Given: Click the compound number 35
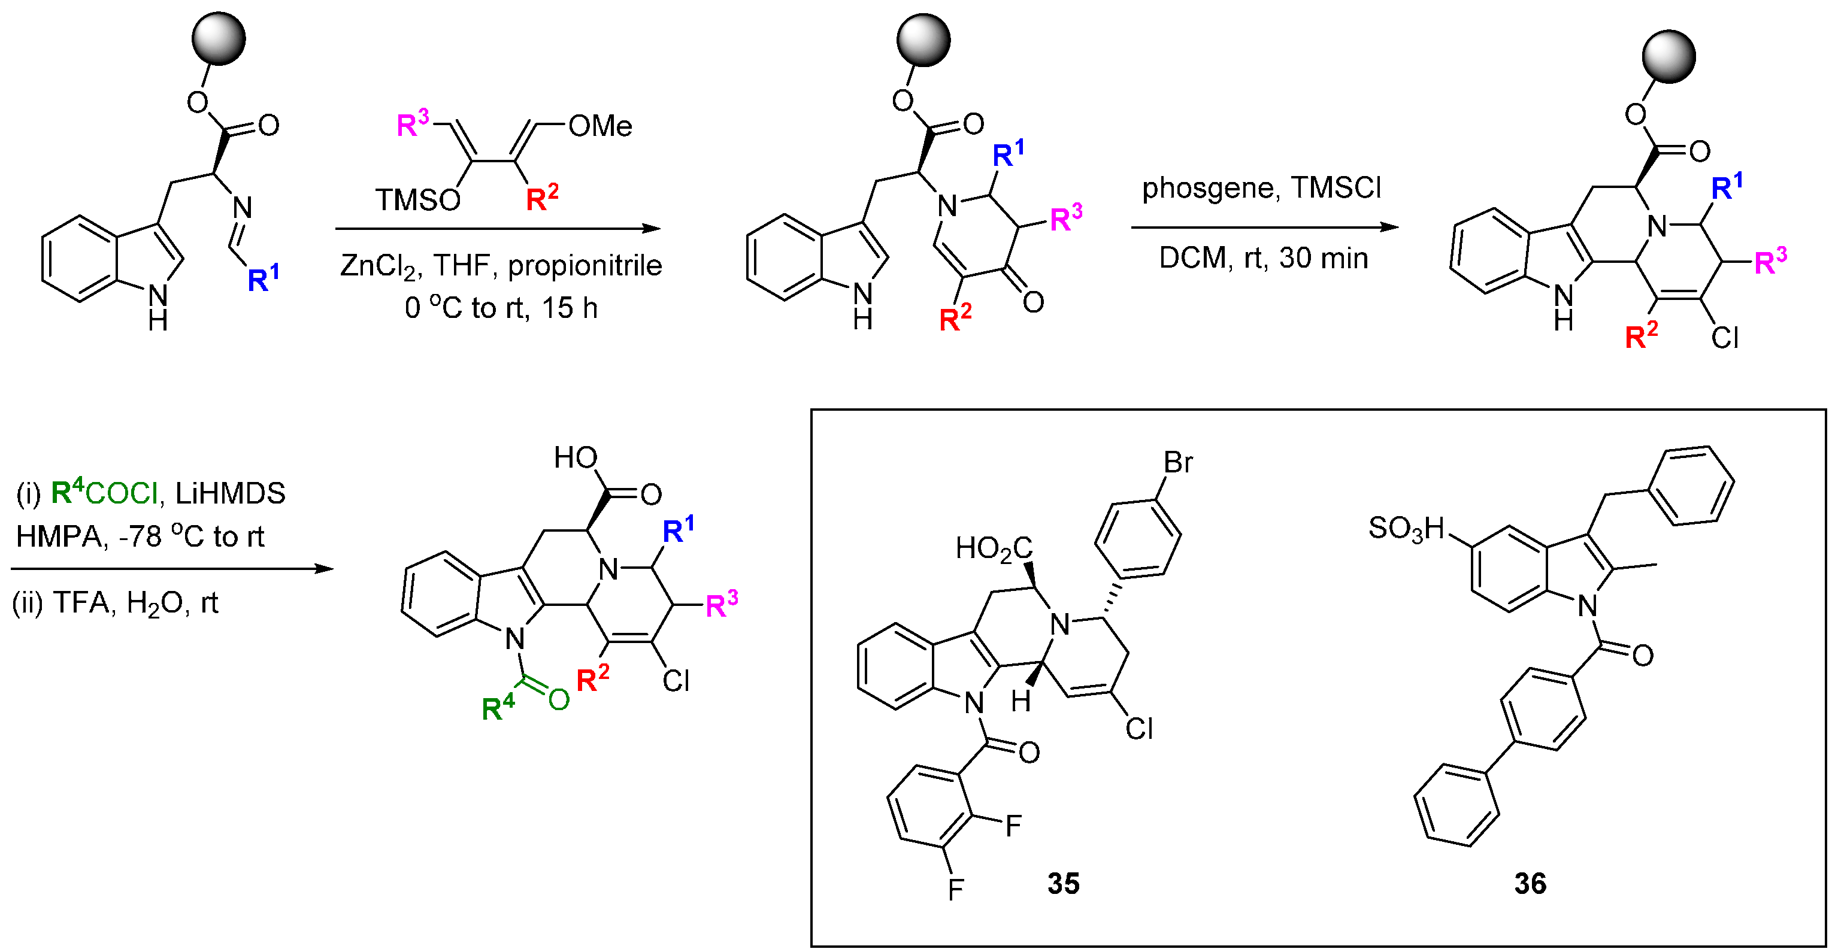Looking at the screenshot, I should click(1063, 883).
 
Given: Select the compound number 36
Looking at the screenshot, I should click(1530, 883).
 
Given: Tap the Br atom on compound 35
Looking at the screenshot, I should click(1178, 463).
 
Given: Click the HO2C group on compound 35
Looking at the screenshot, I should click(994, 548).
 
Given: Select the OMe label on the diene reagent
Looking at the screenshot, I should click(599, 126).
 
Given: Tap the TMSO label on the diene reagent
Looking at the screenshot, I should click(417, 200).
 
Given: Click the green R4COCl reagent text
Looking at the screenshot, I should click(104, 493).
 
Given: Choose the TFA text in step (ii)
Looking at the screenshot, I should click(81, 603).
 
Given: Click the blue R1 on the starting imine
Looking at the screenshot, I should click(263, 278).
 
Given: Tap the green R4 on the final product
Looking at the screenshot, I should click(498, 708).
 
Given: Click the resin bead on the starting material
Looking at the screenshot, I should click(219, 38).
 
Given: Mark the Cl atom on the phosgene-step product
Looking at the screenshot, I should click(1724, 338).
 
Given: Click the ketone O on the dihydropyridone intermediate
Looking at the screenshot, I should click(1034, 302).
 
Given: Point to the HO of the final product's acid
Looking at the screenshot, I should click(576, 458).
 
